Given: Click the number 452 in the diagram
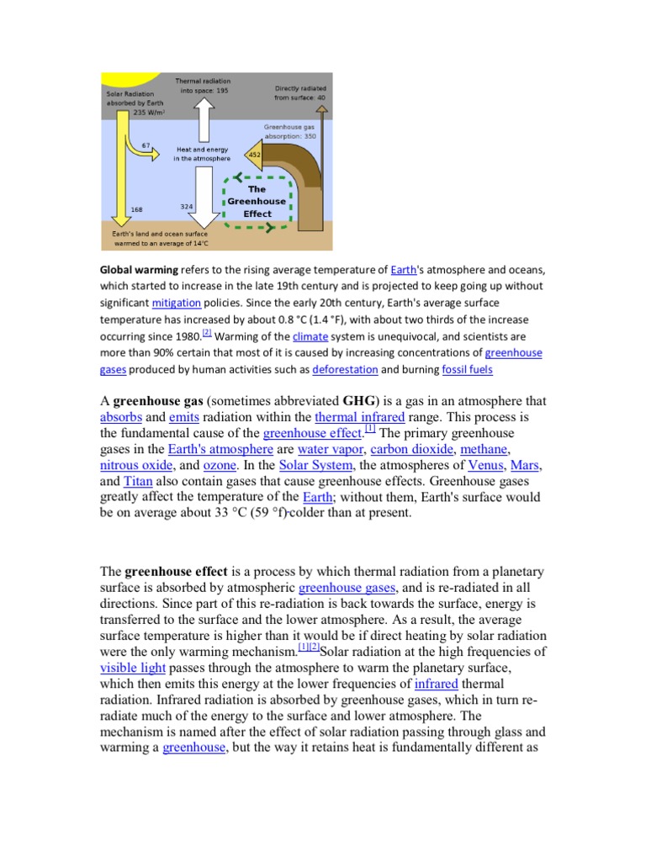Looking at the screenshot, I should pos(254,154).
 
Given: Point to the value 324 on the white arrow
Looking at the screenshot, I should pos(188,206).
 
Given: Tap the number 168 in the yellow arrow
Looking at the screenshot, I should pos(136,209).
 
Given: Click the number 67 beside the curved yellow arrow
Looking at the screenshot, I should pos(146,145).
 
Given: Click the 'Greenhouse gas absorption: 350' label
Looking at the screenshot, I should pos(290,130).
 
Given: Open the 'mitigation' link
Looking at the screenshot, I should pos(177,304).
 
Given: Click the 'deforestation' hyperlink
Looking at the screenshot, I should pos(345,369).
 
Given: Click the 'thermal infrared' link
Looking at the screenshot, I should pos(359,417).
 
